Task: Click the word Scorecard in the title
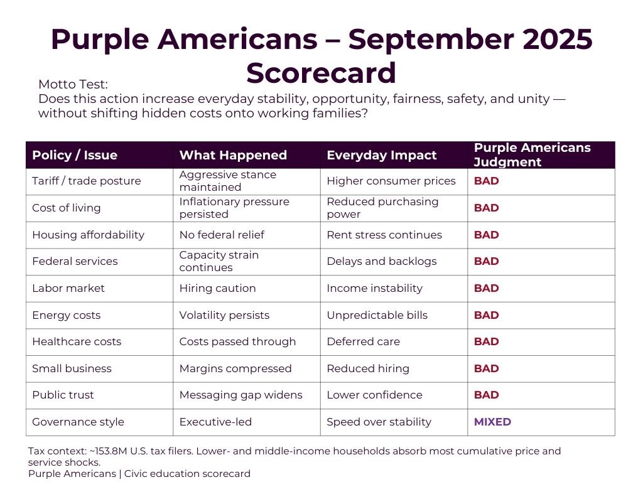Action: point(321,73)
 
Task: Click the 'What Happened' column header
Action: point(233,156)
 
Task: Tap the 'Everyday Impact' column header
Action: point(381,156)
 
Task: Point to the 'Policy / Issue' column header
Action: point(75,156)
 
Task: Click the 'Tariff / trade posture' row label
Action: point(87,181)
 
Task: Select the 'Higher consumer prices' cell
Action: point(391,181)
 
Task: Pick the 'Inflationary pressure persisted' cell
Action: point(234,208)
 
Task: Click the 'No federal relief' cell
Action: point(222,235)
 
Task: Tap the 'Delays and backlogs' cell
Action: point(381,262)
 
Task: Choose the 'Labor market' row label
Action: point(68,288)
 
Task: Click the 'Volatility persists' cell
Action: point(224,315)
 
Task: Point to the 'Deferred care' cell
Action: point(363,341)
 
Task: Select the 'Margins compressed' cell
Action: point(235,368)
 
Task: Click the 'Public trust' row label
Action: point(63,395)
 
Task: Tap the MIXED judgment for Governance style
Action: point(492,422)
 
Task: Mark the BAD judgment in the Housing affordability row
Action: point(486,235)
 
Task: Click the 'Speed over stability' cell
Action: point(379,422)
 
